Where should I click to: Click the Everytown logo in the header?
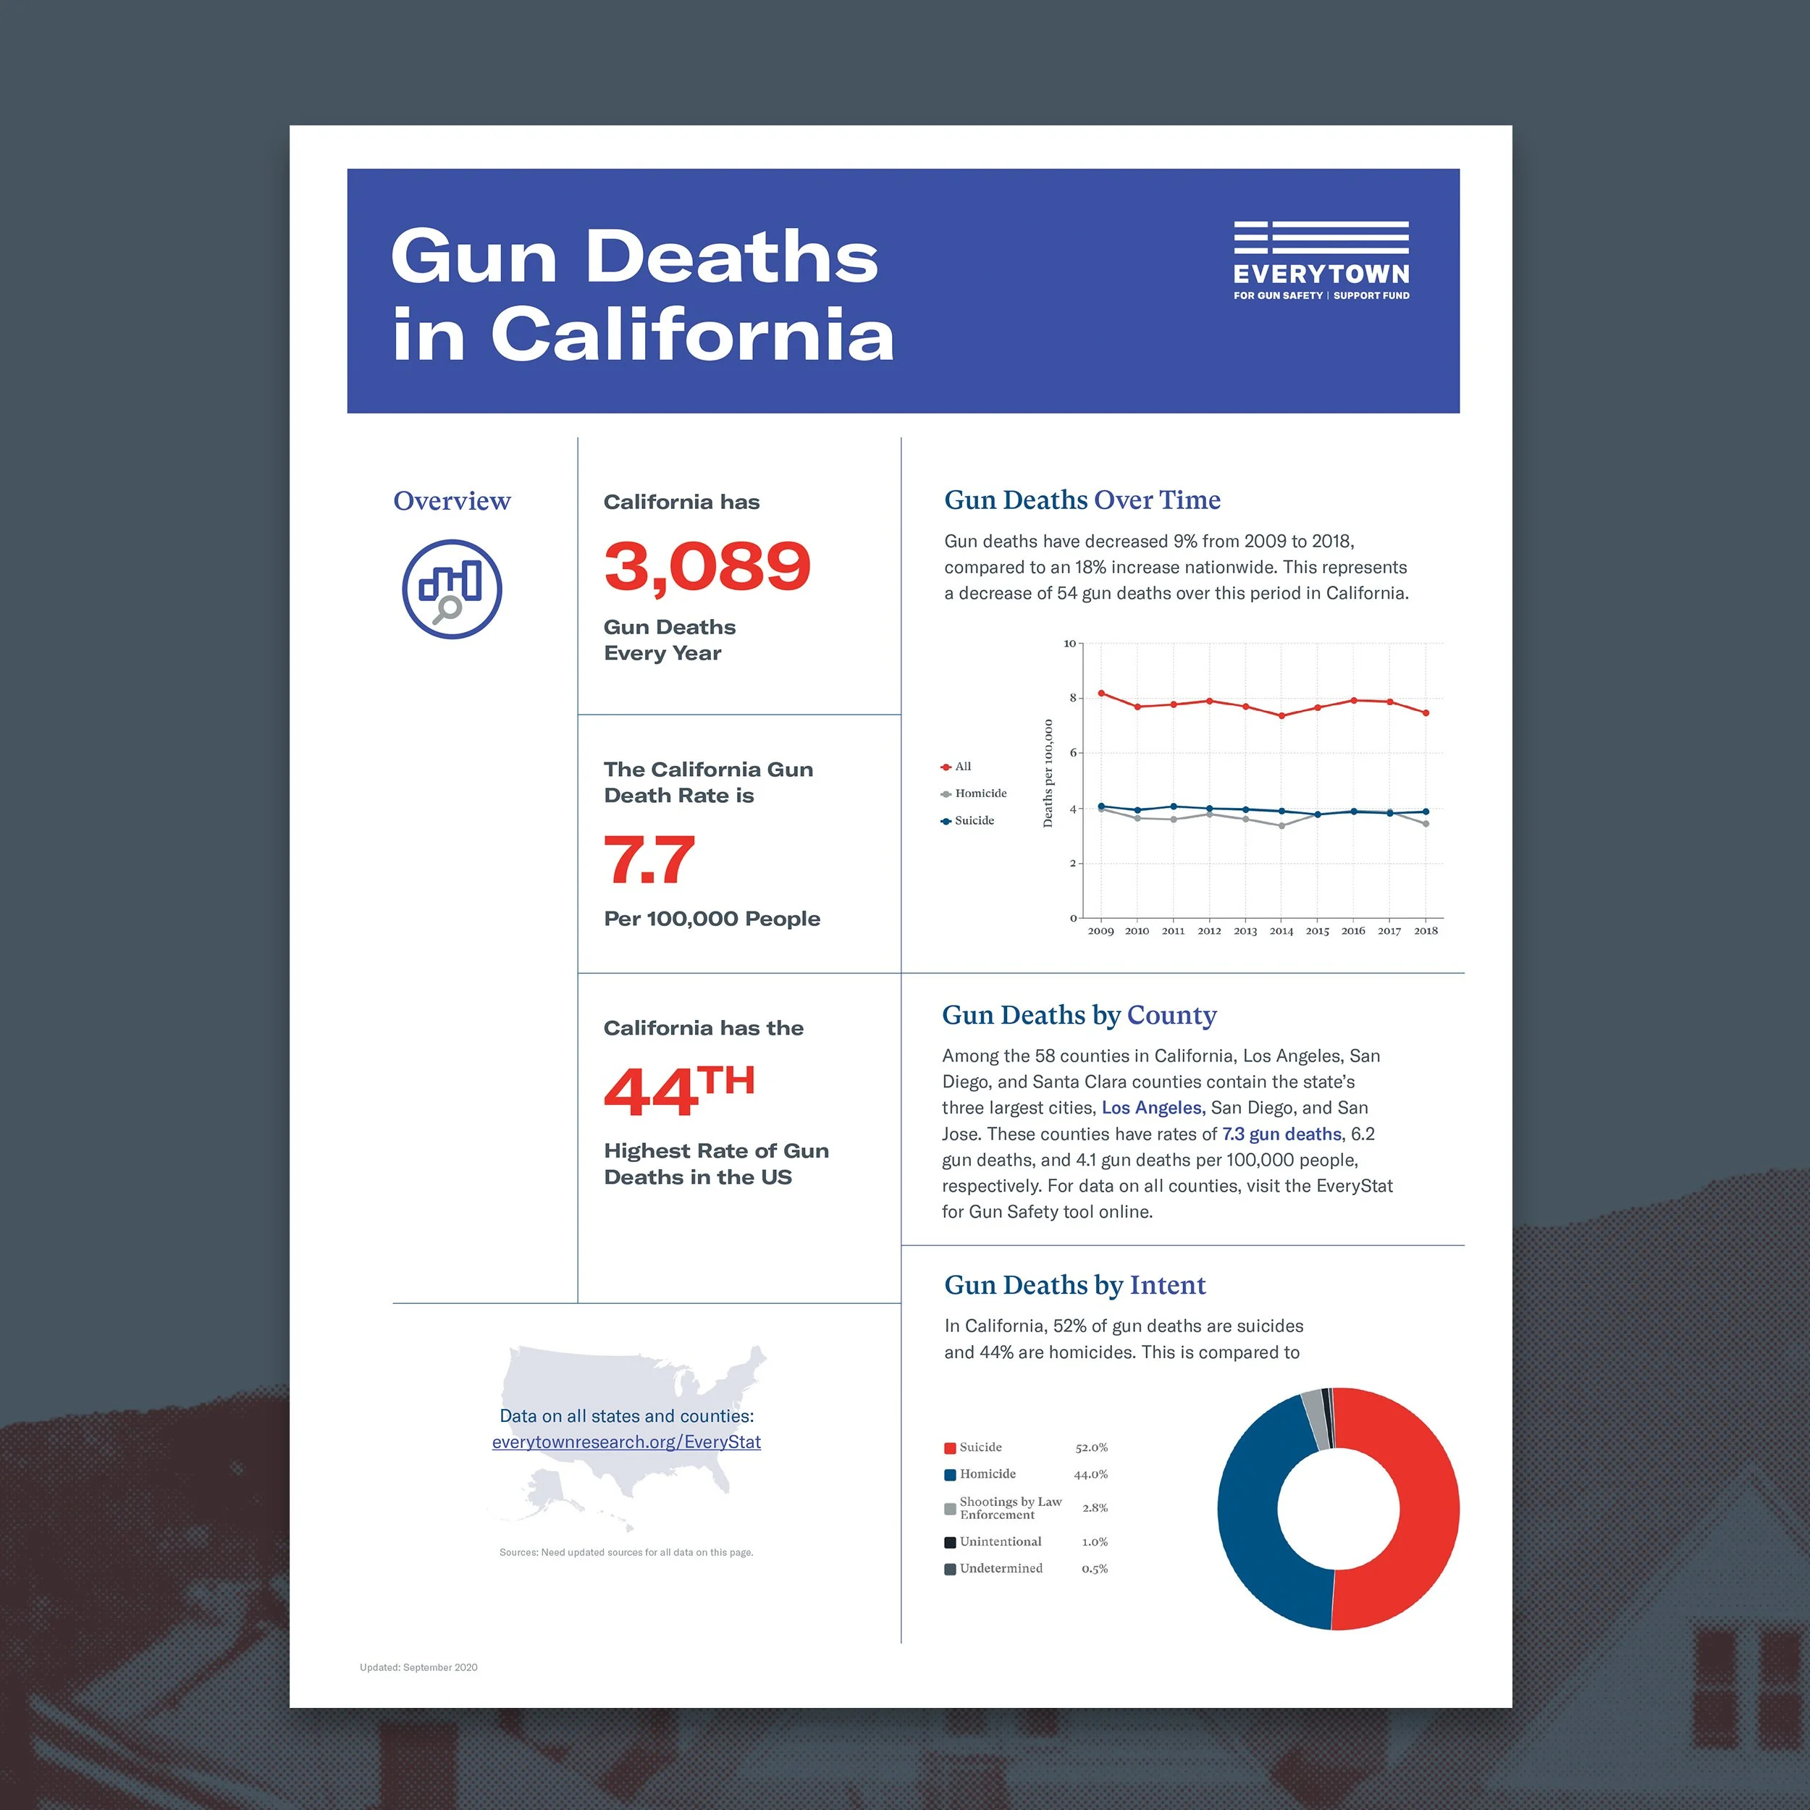point(1321,261)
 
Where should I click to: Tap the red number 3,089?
point(707,567)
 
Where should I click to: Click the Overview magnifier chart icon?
point(452,589)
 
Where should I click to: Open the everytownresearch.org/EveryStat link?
point(626,1441)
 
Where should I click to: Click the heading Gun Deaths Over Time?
point(1082,500)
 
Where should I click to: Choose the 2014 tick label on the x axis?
point(1281,930)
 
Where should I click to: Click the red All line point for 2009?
point(1100,694)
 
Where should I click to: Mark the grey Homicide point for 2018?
point(1426,823)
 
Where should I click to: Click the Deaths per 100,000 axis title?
point(1048,773)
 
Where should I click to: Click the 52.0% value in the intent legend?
point(1092,1447)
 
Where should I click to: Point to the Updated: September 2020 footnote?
point(418,1667)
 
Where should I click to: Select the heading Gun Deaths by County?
point(1079,1016)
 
